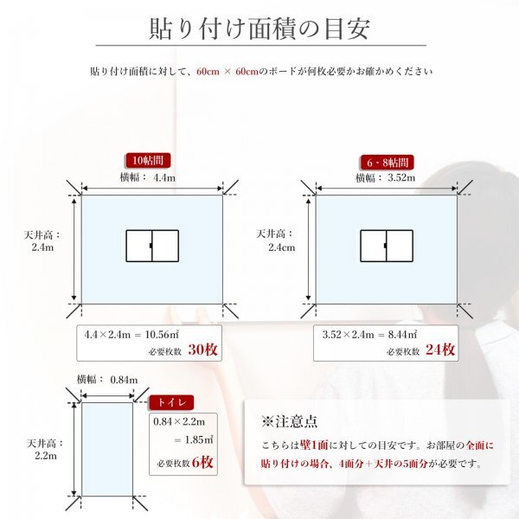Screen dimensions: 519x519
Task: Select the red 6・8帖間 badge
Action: coord(385,162)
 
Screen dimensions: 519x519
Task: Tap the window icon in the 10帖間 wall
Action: coord(152,246)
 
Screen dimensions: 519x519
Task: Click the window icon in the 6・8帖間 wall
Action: coord(386,246)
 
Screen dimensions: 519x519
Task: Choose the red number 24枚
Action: coord(441,350)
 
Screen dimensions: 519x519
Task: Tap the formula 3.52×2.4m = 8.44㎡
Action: coord(369,333)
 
